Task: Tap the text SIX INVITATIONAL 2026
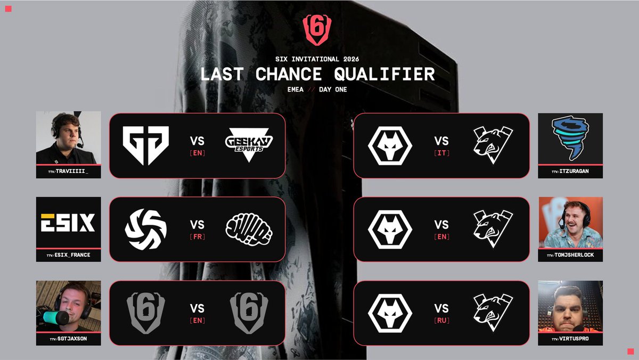pyautogui.click(x=318, y=60)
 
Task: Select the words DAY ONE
pyautogui.click(x=333, y=89)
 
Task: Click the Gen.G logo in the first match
pyautogui.click(x=145, y=145)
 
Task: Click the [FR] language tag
pyautogui.click(x=197, y=236)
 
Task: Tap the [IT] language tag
pyautogui.click(x=441, y=153)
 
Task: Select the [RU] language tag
pyautogui.click(x=441, y=321)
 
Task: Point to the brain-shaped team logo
pyautogui.click(x=249, y=230)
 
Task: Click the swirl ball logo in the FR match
pyautogui.click(x=145, y=230)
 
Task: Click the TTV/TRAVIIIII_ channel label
pyautogui.click(x=68, y=171)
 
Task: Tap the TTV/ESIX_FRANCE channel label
pyautogui.click(x=68, y=255)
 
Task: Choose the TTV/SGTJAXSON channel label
pyautogui.click(x=68, y=339)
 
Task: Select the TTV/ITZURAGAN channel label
pyautogui.click(x=570, y=171)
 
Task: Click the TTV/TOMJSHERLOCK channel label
pyautogui.click(x=570, y=255)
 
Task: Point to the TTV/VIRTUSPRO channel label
pyautogui.click(x=570, y=339)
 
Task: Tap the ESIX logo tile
pyautogui.click(x=68, y=222)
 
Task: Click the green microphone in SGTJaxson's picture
pyautogui.click(x=52, y=318)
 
